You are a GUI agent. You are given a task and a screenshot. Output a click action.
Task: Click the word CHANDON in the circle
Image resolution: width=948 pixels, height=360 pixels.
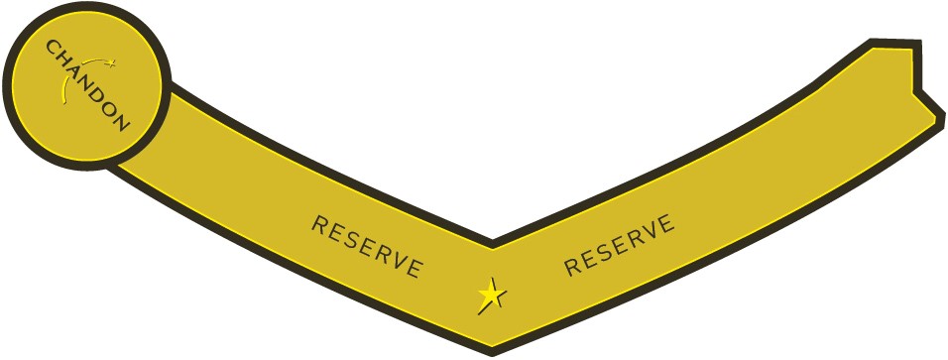coord(87,84)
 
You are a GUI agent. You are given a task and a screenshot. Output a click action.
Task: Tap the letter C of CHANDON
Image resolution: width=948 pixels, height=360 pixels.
coord(52,48)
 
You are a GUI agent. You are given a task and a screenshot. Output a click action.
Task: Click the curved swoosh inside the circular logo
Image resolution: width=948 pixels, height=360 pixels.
coord(78,77)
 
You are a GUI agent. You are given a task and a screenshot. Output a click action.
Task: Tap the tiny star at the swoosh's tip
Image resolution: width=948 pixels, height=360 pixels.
coord(111,62)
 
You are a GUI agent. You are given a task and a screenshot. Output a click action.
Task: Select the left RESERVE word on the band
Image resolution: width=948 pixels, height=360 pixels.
coord(366,247)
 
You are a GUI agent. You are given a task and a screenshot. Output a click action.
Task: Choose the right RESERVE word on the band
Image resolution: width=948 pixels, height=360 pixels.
coord(620,245)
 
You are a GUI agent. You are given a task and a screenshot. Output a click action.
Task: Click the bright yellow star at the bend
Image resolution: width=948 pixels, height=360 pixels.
coord(490,296)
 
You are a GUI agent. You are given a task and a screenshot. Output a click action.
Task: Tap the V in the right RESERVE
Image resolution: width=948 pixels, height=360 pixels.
coord(649,232)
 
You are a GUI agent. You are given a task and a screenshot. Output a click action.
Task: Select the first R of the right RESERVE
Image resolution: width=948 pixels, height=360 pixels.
coord(573,267)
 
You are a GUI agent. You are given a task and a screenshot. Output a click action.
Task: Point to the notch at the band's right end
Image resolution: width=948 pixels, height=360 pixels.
coord(914,92)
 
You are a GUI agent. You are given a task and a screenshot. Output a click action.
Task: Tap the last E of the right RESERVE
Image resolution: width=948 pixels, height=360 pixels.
coord(665,224)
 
